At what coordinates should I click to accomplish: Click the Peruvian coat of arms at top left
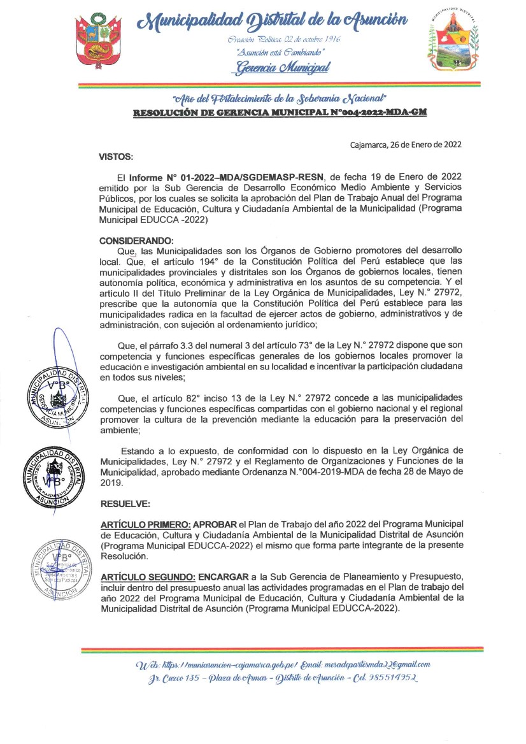tap(101, 41)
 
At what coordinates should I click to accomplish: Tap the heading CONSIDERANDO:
tap(136, 241)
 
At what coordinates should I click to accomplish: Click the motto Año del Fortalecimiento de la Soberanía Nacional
tap(280, 99)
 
